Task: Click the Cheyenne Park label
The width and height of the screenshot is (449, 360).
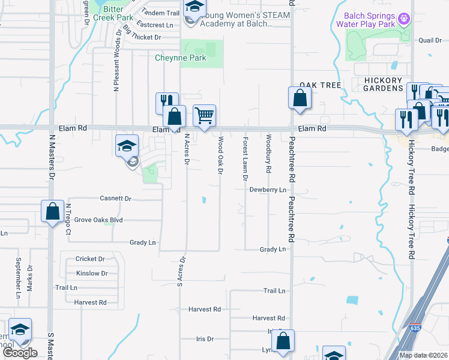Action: point(181,58)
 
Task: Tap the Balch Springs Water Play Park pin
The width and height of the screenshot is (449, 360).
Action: point(404,19)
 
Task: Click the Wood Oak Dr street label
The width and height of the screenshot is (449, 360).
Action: point(220,155)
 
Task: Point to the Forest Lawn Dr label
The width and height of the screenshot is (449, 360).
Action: point(245,158)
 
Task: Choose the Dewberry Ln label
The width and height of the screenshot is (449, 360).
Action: point(268,190)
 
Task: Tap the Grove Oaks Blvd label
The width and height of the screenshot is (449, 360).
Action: point(98,220)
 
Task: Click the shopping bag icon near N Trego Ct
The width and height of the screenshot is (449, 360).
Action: point(53,211)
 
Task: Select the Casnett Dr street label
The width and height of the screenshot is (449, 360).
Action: point(115,198)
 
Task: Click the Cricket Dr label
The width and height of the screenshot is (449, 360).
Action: point(90,259)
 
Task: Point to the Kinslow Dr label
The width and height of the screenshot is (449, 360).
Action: point(92,274)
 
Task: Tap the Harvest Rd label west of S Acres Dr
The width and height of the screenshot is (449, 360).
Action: point(90,302)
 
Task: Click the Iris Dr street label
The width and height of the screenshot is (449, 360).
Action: point(205,339)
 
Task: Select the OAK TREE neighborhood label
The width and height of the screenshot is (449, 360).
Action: point(321,85)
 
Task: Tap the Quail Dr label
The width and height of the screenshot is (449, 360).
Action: point(430,40)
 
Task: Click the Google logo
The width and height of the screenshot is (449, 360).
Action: point(20,353)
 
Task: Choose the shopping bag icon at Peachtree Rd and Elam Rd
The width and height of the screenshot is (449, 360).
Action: point(300,97)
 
